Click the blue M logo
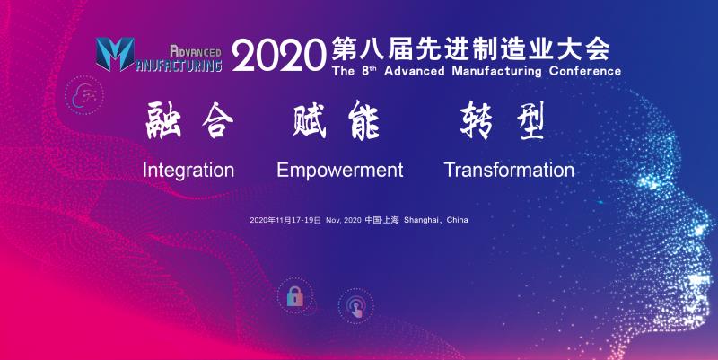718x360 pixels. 115,54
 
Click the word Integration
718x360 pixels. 188,171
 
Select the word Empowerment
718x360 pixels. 340,171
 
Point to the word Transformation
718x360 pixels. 509,170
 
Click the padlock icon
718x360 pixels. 295,296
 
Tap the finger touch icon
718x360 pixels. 355,306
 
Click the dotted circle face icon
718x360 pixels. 84,95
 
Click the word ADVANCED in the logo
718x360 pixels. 196,51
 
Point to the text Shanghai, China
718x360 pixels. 435,220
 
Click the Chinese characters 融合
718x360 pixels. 189,120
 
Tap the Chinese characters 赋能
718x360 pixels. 336,120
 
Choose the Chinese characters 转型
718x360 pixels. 503,120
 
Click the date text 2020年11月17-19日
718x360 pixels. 285,220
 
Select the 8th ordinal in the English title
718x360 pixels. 369,71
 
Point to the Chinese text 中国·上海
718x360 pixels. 381,220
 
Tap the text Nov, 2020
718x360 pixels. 344,220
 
